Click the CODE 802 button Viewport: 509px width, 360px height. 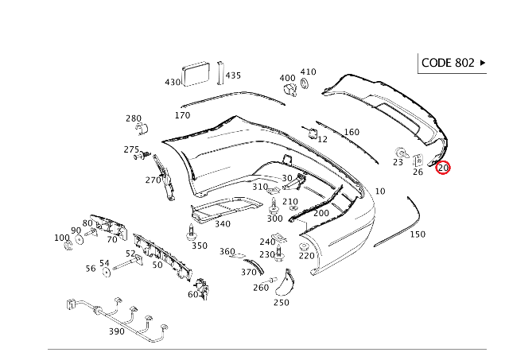coord(452,63)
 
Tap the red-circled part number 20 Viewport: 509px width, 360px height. coord(443,168)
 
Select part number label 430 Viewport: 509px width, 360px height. coord(173,82)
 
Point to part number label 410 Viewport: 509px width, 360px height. coord(308,72)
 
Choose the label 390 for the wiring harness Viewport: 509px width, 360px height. coord(117,331)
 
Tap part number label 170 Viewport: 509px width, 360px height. coord(182,115)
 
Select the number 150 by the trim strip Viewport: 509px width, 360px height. coord(418,234)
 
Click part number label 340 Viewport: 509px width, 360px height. coord(223,224)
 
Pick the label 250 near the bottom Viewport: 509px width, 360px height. coord(282,302)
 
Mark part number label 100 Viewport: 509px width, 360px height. coord(61,238)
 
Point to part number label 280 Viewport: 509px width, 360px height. coord(134,118)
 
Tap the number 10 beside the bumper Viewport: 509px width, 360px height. coord(379,192)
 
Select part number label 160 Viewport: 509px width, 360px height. coord(351,132)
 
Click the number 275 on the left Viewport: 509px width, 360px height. coord(131,149)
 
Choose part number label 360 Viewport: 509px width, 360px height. coord(227,252)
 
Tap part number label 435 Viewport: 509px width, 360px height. coord(233,75)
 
